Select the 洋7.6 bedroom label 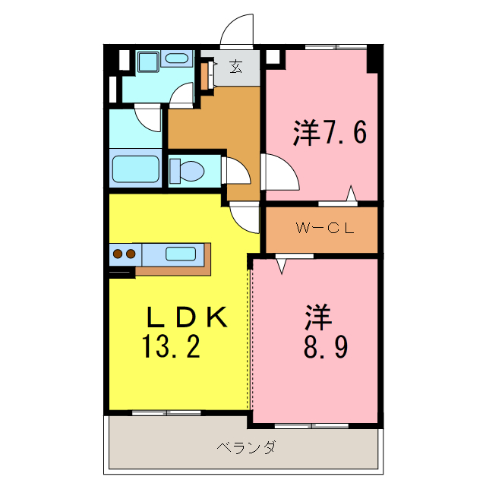(x=330, y=132)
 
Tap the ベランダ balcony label (x=245, y=447)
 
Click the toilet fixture (x=186, y=170)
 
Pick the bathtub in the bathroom (x=136, y=169)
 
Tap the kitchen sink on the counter (x=181, y=254)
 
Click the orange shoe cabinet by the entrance (x=204, y=74)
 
